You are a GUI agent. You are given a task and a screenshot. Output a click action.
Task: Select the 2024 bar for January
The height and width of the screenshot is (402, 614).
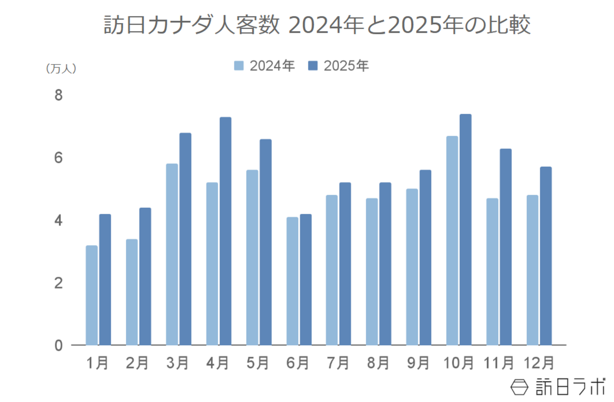coord(91,295)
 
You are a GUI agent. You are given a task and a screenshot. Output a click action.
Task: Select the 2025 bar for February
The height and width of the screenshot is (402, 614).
coord(145,276)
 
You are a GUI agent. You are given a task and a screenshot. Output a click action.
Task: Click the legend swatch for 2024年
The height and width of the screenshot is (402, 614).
coord(239,66)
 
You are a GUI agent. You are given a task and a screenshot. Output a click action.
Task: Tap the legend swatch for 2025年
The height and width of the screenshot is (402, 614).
coord(313,66)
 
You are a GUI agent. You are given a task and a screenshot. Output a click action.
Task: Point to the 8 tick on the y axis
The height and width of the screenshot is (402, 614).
coord(58,95)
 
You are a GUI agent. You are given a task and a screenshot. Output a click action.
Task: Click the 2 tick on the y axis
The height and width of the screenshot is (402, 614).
coord(58,283)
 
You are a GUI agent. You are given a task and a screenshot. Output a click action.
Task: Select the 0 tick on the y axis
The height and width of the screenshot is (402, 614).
coord(58,346)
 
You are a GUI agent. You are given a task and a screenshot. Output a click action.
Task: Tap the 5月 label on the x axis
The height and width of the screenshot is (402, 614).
coord(257,363)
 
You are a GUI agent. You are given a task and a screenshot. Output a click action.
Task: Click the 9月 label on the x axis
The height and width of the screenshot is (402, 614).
coord(418,363)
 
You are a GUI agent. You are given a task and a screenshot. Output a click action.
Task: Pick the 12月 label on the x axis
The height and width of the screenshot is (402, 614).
coord(539,363)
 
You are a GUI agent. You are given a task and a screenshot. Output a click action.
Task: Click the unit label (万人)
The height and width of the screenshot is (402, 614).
coord(61,69)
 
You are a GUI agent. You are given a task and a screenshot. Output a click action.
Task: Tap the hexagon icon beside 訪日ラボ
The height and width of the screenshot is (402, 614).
coord(519,387)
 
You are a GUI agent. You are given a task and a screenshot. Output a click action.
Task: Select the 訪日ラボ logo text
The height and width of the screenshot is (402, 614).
coord(571,387)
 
